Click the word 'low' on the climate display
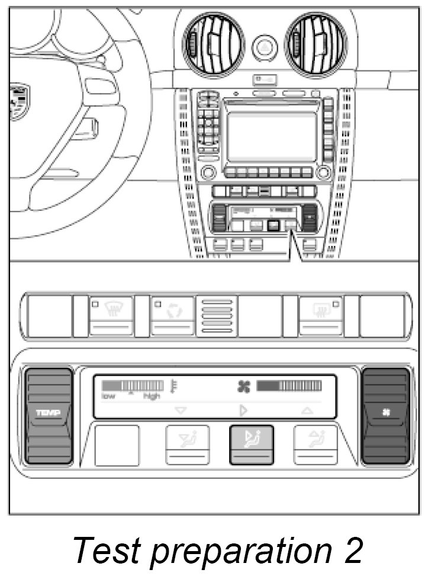[108, 396]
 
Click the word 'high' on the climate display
[151, 396]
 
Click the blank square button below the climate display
[117, 445]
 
